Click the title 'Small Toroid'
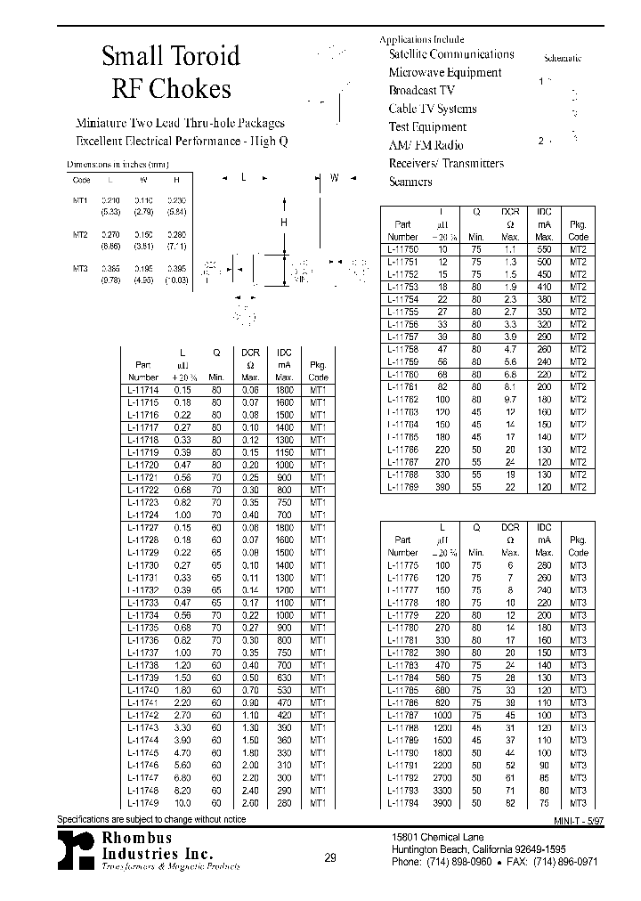coord(170,56)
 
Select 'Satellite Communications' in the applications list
coord(451,54)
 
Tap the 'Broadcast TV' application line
coord(421,91)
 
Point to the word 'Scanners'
coord(410,182)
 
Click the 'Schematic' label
coord(562,58)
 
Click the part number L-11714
coord(143,390)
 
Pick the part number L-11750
coord(403,250)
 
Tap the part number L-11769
coord(403,487)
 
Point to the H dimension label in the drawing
coord(284,223)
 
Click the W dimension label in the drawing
coord(335,178)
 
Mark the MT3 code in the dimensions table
coord(79,268)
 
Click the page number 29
coord(330,858)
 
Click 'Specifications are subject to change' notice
coord(152,818)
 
